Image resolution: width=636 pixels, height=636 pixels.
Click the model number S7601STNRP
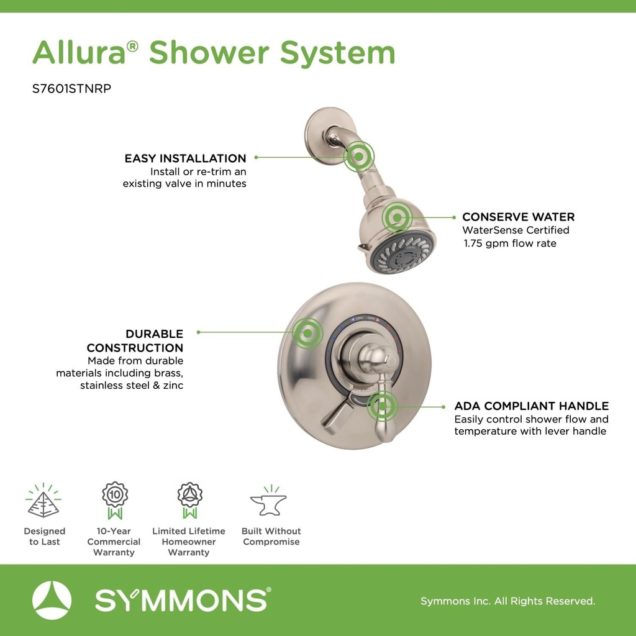tap(71, 89)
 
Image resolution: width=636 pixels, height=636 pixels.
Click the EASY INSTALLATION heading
tap(185, 158)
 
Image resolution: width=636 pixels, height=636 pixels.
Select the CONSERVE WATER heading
tap(518, 217)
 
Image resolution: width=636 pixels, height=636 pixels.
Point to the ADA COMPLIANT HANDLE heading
tap(531, 406)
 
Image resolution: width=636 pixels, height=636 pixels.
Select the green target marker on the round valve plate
tap(307, 332)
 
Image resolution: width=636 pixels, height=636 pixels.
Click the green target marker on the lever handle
tap(382, 407)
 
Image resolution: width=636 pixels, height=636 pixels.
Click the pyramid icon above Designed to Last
tap(43, 502)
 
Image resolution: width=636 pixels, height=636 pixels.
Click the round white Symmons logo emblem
tap(52, 601)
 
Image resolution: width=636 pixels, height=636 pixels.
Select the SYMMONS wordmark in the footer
tap(182, 601)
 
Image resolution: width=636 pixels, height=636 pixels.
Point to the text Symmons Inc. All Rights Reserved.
tap(507, 601)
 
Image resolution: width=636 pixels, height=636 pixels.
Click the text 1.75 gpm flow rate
tap(510, 243)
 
